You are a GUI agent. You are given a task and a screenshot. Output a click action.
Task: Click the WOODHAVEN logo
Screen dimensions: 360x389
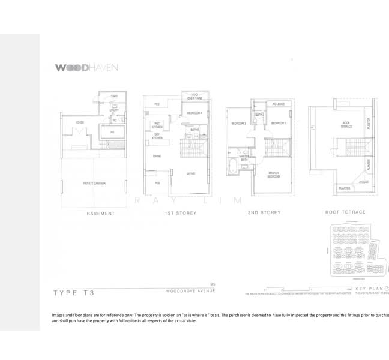point(87,68)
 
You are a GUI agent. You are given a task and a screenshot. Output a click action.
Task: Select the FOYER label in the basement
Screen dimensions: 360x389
point(79,122)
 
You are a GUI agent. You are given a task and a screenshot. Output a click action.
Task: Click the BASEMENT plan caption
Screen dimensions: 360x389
point(100,213)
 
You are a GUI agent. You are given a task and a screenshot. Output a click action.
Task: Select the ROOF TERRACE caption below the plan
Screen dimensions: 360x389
point(345,212)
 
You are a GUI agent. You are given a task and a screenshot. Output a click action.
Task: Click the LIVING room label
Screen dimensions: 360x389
point(191,173)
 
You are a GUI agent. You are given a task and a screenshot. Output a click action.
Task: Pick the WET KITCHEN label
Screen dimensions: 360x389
point(157,125)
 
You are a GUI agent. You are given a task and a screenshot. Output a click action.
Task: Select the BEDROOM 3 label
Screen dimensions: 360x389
point(238,124)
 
